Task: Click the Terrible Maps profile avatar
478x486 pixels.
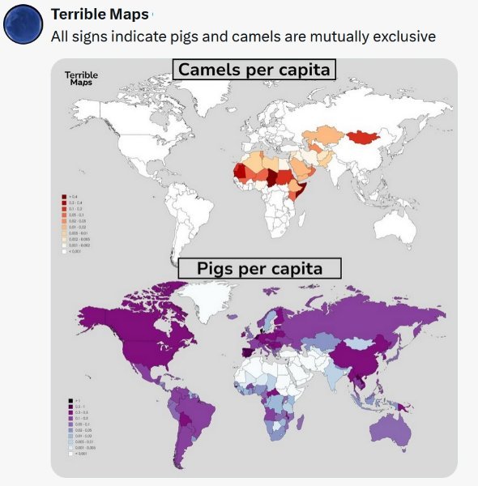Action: click(23, 23)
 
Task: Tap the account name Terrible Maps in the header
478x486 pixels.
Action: click(99, 15)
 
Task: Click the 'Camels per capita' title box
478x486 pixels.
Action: click(254, 70)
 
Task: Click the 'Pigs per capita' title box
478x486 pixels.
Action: click(259, 268)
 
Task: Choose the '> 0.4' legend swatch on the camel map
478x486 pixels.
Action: click(64, 197)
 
